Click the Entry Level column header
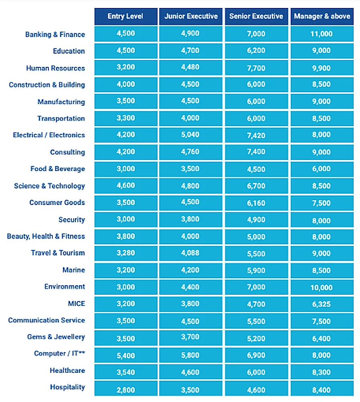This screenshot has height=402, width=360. [126, 16]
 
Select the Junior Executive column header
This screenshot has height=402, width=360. [191, 16]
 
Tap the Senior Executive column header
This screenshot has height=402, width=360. [256, 16]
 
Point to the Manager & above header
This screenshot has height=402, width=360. [322, 16]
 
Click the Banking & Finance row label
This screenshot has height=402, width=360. [55, 34]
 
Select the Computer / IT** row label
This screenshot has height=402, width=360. [60, 353]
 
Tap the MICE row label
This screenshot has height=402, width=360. [76, 304]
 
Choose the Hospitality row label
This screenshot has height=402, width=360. [67, 387]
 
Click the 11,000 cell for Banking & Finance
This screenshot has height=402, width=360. [322, 34]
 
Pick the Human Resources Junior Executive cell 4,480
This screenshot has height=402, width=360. [191, 67]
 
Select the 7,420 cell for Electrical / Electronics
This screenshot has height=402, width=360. [256, 135]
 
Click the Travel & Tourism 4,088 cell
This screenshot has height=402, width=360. [191, 253]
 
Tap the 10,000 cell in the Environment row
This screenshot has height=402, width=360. [322, 287]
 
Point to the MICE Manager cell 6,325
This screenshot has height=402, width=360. [322, 304]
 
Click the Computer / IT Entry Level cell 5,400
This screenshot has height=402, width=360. [126, 355]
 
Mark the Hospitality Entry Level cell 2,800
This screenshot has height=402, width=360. [126, 389]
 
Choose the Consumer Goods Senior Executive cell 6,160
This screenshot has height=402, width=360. [256, 203]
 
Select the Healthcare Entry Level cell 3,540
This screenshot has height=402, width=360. [126, 372]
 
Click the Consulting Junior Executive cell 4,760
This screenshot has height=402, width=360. [191, 152]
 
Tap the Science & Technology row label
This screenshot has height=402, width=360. [50, 186]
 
